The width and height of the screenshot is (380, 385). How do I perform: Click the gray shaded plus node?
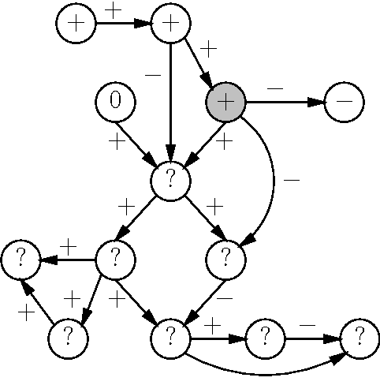click(225, 102)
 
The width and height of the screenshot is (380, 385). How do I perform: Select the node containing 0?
click(115, 102)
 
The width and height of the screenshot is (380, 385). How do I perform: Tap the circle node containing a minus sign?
click(344, 102)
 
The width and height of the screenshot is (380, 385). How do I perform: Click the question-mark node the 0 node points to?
click(170, 180)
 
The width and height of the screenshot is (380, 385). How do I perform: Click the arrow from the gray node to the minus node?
click(284, 102)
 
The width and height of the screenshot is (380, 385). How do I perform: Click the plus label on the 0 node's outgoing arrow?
click(117, 143)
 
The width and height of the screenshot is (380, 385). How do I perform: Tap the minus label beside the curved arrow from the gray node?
click(291, 181)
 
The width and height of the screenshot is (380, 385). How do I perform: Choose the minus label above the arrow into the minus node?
click(275, 88)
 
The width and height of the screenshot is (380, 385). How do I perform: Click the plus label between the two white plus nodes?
click(114, 11)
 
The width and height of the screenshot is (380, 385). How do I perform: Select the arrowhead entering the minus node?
click(316, 102)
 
